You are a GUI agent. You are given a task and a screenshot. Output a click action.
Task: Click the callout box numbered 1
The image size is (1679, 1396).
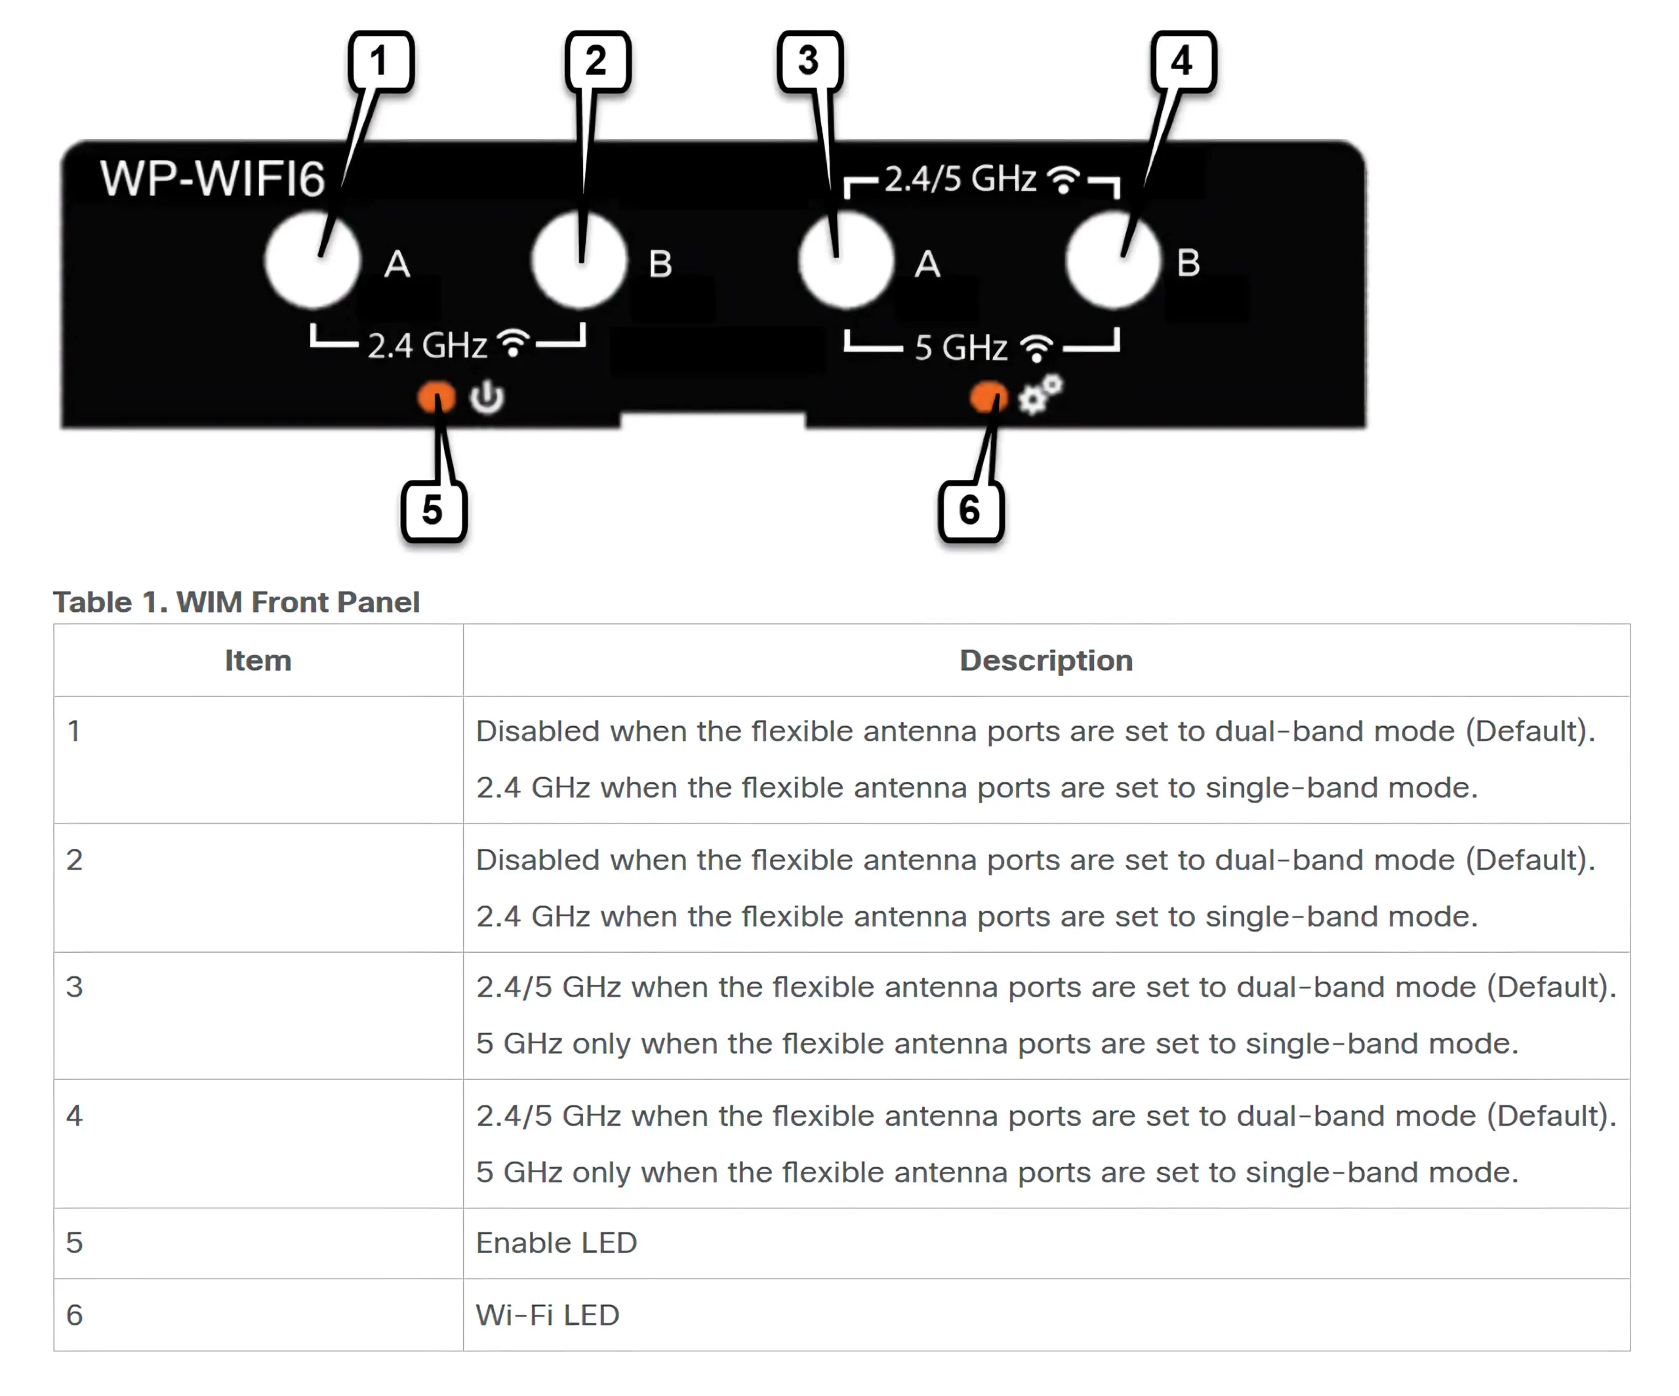[380, 61]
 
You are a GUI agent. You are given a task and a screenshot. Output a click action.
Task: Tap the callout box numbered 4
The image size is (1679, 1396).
[1183, 61]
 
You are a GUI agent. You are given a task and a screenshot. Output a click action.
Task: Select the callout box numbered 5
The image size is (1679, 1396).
[434, 510]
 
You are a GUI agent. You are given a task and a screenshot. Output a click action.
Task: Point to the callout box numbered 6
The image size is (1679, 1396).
[971, 510]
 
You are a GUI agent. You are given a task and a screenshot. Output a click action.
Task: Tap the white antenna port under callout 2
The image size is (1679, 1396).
[579, 260]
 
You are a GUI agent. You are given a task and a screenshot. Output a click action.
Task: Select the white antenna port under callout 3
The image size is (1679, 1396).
[846, 260]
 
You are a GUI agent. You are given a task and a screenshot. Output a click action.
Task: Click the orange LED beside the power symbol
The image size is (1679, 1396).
[437, 397]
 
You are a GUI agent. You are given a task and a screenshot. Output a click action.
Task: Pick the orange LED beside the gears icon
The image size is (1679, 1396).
[989, 397]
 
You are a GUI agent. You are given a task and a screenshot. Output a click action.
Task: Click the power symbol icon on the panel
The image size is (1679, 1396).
[487, 397]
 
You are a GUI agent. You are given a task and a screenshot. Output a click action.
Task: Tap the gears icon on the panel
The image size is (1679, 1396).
[1040, 394]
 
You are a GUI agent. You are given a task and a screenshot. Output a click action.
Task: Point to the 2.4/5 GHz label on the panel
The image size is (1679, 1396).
[960, 178]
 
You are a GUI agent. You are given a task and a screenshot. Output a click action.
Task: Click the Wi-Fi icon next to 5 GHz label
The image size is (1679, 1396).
[1038, 348]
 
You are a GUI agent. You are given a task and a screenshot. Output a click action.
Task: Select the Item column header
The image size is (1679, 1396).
[258, 660]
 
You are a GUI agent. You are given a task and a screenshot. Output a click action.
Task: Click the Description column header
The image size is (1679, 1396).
[1046, 660]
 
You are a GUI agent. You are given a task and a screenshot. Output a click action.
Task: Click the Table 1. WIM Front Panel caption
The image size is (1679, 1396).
[237, 602]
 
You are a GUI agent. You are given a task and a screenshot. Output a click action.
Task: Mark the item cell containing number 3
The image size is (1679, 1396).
[258, 1016]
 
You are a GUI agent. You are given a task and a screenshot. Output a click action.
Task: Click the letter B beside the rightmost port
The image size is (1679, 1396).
[1188, 263]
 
